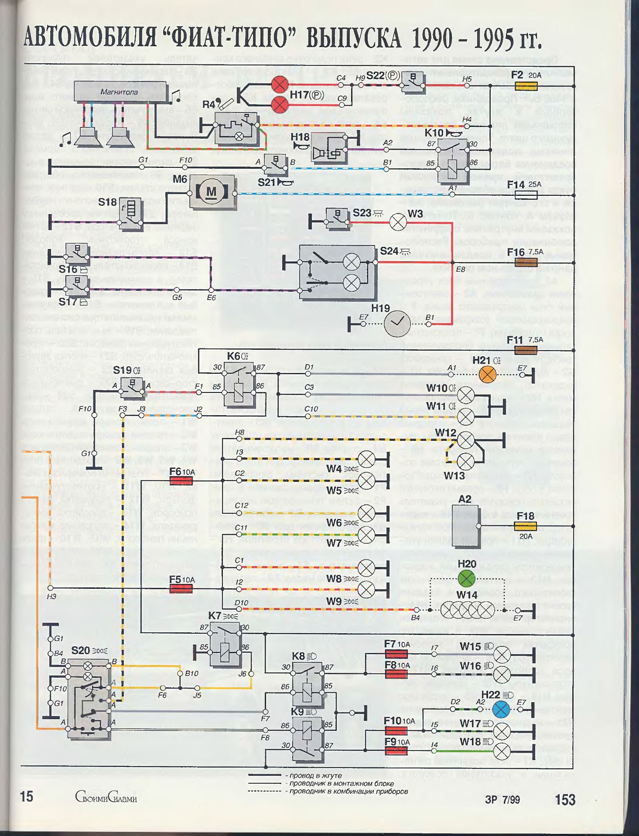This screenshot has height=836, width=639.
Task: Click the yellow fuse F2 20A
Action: pos(526,86)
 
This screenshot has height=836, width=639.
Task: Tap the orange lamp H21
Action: pos(487,374)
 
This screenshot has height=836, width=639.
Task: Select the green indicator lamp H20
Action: pos(466,579)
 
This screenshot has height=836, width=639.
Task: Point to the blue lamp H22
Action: pos(501,710)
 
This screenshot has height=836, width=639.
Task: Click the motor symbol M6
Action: pos(211,192)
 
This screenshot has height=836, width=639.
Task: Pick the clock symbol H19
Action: pos(396,323)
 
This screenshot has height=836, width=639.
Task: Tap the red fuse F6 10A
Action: pos(181,481)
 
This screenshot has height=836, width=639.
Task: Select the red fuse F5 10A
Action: pos(181,588)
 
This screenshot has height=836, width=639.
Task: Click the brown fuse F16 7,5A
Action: pos(526,262)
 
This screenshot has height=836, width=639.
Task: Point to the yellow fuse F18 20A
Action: pos(526,525)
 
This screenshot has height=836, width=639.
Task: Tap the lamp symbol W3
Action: pos(397,222)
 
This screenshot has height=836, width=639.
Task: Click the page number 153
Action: pos(565,800)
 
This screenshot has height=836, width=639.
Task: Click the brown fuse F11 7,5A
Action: pos(526,350)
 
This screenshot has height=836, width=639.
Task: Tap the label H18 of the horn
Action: pos(300,137)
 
